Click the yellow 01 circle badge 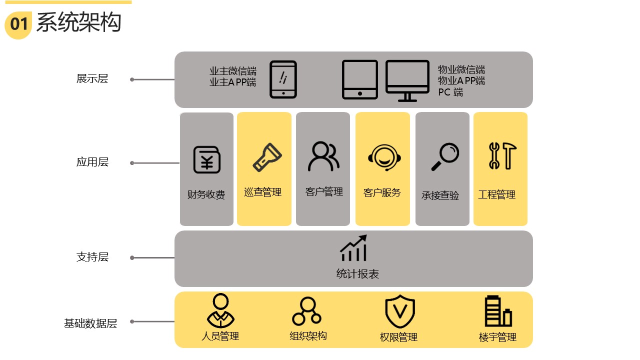(18, 24)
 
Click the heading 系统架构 (78, 23)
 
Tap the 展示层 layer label (92, 78)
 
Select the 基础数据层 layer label (90, 323)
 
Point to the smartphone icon (283, 79)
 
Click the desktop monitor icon (407, 80)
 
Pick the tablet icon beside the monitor (359, 79)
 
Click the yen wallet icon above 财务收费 (207, 159)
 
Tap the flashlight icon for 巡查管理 (267, 157)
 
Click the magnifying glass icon (444, 156)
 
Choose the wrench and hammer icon (501, 155)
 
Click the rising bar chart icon (353, 248)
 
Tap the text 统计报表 (357, 273)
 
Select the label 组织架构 (308, 335)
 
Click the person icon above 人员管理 (220, 310)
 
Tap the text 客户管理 (324, 191)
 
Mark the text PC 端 (450, 92)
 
